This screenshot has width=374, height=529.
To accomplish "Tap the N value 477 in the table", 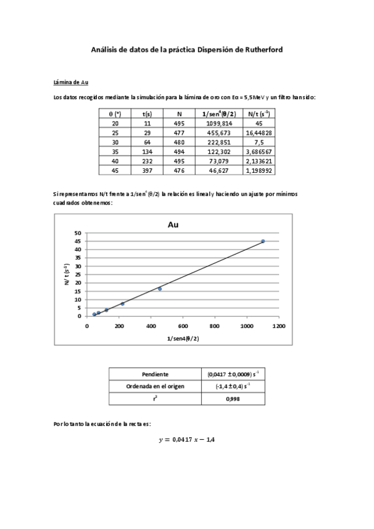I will [x=179, y=133].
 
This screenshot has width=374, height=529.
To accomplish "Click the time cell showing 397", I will [x=147, y=170].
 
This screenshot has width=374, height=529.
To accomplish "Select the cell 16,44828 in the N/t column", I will [x=258, y=133].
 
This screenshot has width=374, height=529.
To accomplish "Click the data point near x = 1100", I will [x=263, y=241].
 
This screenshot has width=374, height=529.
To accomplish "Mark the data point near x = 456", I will [x=160, y=289].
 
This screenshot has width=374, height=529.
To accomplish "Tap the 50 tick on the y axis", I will [x=78, y=233].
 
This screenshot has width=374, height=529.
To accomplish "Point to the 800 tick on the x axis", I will [x=215, y=326].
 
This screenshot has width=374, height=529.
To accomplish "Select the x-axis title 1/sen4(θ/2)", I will [x=183, y=337].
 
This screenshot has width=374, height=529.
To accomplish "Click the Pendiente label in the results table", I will [x=155, y=374].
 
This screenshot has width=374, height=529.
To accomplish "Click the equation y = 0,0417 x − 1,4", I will [x=187, y=440].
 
